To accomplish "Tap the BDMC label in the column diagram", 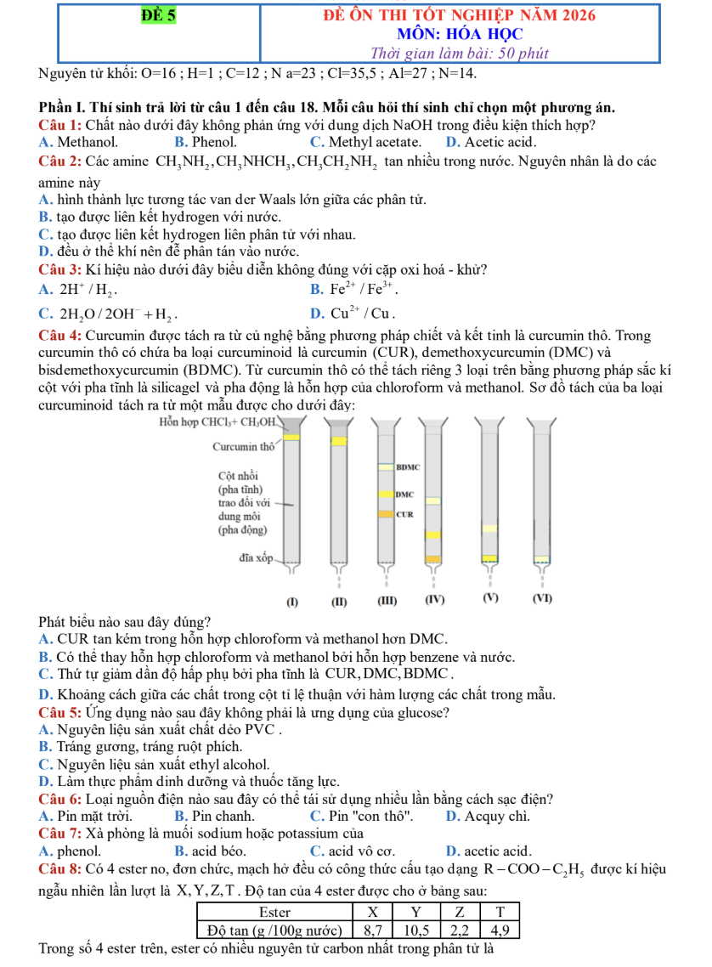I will point(408,467).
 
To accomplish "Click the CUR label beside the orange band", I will point(404,514).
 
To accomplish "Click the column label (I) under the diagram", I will point(292,602).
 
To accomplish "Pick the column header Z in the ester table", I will point(459,913).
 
